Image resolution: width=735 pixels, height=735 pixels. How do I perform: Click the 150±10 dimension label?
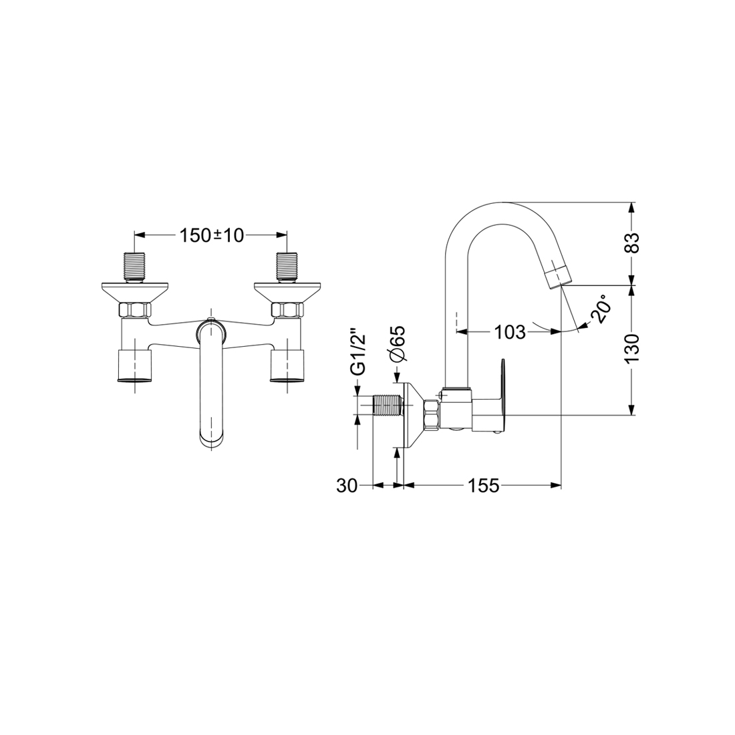tap(212, 235)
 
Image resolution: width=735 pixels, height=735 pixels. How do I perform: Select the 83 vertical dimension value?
tap(633, 243)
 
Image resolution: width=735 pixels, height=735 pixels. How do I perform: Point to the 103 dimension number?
tap(510, 332)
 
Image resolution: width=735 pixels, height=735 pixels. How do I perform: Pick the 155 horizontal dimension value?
tap(483, 486)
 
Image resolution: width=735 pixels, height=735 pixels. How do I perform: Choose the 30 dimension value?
tap(347, 486)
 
